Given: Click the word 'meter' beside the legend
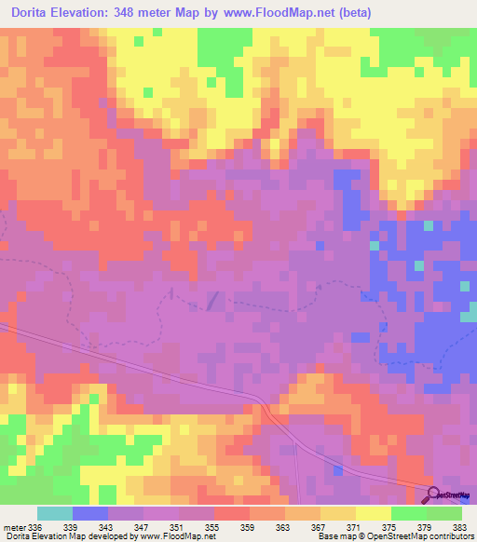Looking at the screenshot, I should pyautogui.click(x=14, y=526).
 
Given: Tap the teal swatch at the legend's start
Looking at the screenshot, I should pyautogui.click(x=55, y=513).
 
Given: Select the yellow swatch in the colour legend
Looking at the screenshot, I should pyautogui.click(x=373, y=513).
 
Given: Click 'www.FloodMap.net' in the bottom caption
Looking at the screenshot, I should pyautogui.click(x=178, y=536).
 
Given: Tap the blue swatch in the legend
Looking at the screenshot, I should pyautogui.click(x=90, y=513).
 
